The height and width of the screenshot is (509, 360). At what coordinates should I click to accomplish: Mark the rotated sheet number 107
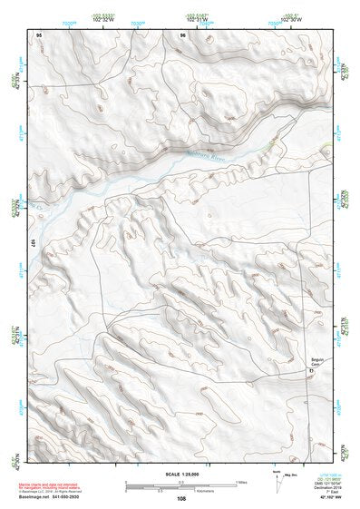click(33, 244)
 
